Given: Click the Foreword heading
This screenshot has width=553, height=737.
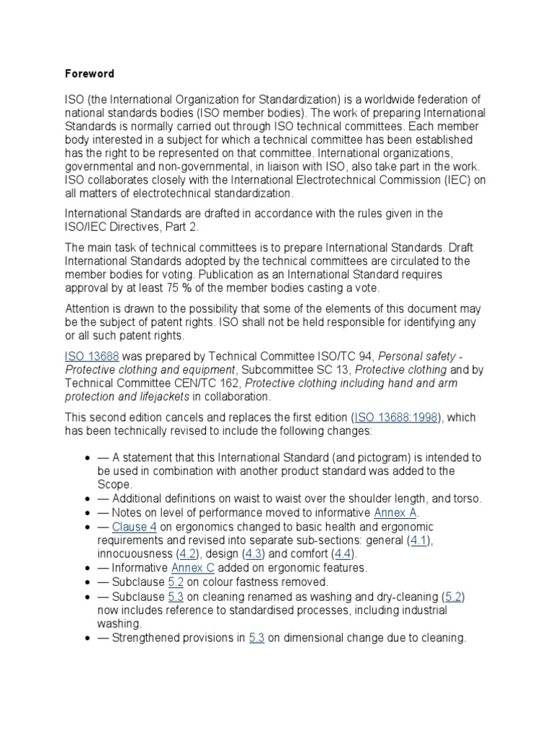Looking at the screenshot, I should tap(89, 74).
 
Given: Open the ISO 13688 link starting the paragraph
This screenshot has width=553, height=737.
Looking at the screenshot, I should tap(92, 356).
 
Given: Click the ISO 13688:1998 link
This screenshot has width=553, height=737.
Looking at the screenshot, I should tap(395, 417).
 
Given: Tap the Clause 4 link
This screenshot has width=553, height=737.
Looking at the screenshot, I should tap(135, 527).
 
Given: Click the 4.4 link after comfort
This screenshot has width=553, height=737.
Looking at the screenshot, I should tap(343, 554).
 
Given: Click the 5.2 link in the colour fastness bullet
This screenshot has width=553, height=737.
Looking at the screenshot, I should tap(176, 582).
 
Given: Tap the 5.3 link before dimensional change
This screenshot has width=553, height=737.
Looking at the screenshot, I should tap(257, 637).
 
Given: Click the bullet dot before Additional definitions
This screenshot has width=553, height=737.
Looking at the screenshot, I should tap(87, 499).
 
